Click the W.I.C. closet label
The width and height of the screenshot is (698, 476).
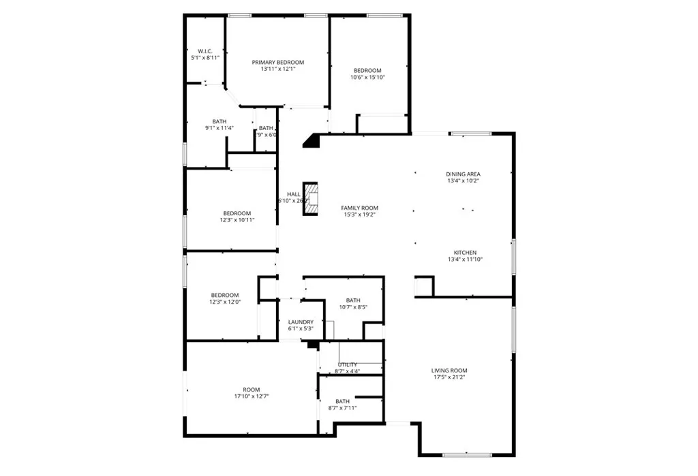tap(205, 51)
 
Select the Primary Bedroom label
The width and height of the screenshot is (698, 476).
tap(277, 62)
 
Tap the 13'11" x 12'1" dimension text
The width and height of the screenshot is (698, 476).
tap(277, 69)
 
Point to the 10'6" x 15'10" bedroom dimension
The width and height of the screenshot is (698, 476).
tap(367, 78)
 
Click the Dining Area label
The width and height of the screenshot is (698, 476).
tap(464, 174)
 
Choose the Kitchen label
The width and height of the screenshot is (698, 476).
tap(465, 253)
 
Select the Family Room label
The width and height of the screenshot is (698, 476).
tap(359, 208)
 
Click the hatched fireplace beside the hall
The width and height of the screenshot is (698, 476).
tap(311, 198)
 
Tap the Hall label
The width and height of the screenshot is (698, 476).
tap(294, 194)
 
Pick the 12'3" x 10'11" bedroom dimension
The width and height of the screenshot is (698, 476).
tap(237, 220)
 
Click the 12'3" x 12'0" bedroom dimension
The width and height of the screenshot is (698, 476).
tap(224, 302)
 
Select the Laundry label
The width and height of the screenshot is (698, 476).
tap(301, 322)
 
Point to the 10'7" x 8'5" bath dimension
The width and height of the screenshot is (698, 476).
tap(353, 307)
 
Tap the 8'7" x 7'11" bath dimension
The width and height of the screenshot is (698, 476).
tap(342, 408)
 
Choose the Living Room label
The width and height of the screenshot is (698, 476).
tap(449, 370)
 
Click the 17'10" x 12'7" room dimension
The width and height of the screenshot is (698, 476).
tap(252, 396)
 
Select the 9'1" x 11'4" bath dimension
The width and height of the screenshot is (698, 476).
tap(219, 128)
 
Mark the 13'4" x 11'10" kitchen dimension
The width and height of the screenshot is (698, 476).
tap(465, 259)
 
